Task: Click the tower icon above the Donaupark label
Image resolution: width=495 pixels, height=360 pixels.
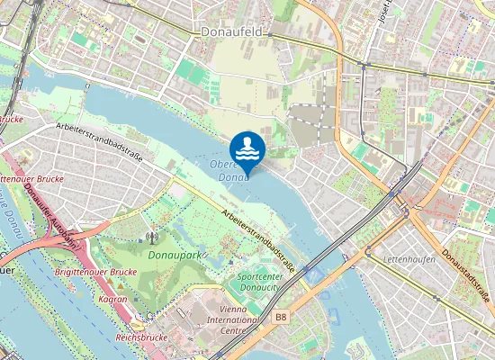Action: pyautogui.click(x=151, y=238)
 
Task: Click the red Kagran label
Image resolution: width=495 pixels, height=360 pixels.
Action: pyautogui.click(x=112, y=297)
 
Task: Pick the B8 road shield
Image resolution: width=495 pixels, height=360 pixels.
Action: pyautogui.click(x=281, y=317)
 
